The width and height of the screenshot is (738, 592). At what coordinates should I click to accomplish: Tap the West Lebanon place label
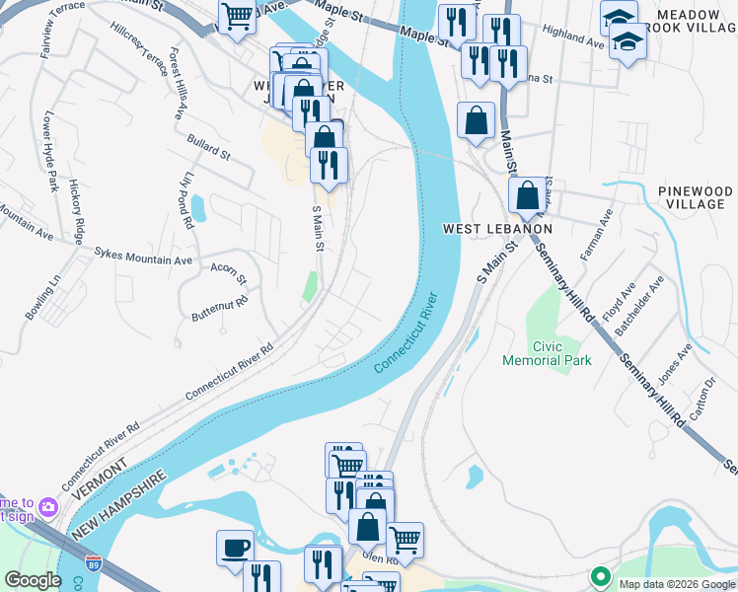tap(496, 229)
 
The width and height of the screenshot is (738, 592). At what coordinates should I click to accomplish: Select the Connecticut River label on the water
tap(406, 332)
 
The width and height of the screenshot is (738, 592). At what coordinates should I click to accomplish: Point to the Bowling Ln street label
tap(42, 296)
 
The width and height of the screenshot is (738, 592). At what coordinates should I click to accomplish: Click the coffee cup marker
tap(235, 548)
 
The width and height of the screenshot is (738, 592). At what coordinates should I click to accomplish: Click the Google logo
tap(33, 580)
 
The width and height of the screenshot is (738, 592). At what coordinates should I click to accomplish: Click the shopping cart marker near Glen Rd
tap(405, 540)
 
